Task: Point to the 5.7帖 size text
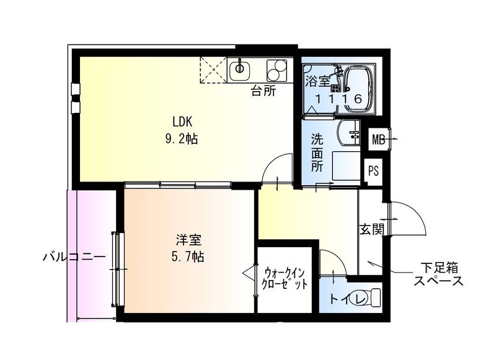tap(188, 256)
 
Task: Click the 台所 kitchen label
tap(263, 92)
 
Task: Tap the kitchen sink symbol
tap(239, 70)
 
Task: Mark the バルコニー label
tap(70, 257)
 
